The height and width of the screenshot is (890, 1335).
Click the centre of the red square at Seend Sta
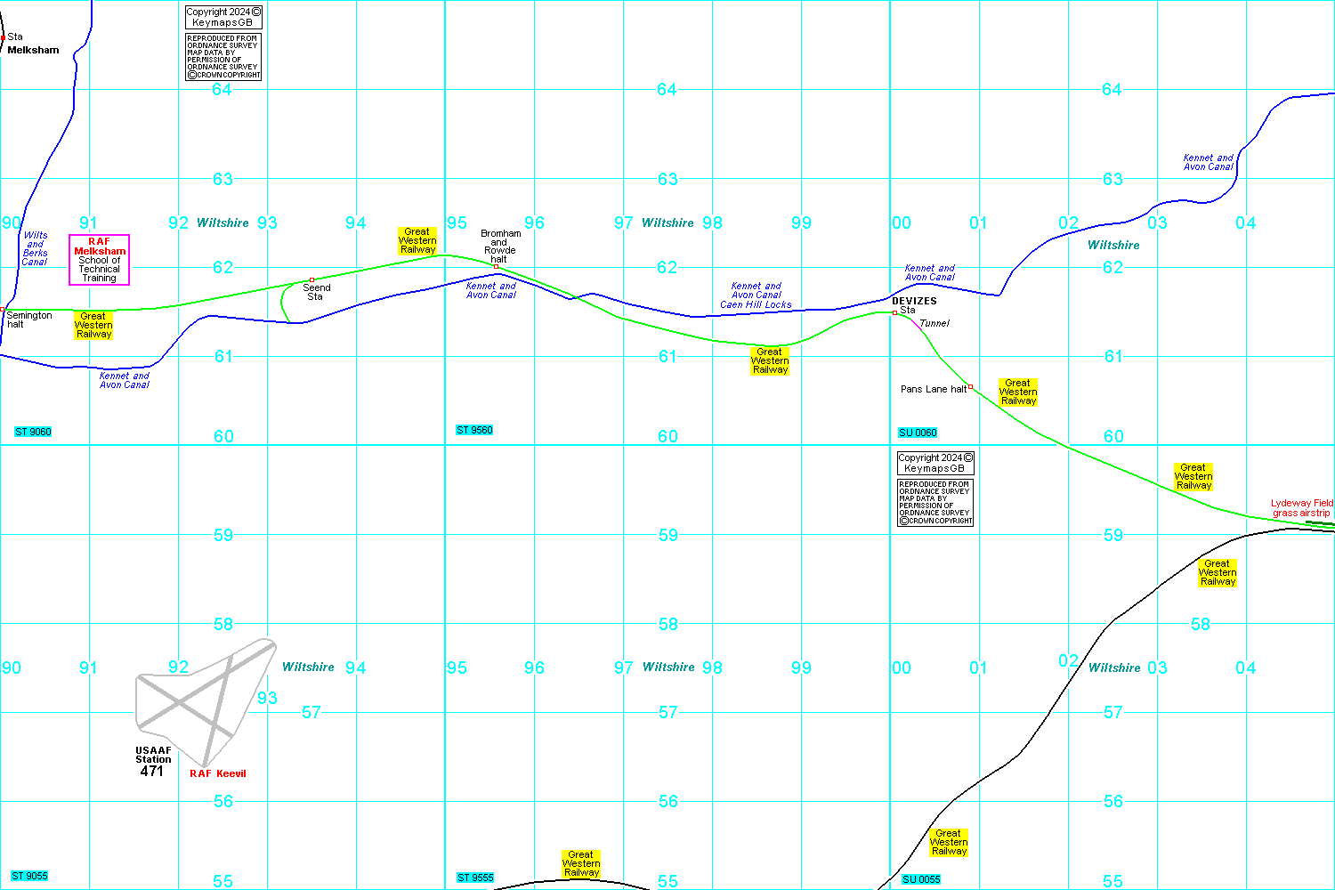311,279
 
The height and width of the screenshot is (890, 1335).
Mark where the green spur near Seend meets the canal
289,322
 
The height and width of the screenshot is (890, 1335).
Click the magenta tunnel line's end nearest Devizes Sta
912,320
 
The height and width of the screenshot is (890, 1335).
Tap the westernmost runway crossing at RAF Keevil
180,704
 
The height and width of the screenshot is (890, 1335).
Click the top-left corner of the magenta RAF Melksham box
69,235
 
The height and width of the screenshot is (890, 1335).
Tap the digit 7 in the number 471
151,771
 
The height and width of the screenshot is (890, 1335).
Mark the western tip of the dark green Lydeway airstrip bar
1306,522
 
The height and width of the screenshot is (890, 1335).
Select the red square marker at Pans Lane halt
970,387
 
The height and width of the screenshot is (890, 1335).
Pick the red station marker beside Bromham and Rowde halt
496,266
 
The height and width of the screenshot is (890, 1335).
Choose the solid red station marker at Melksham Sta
3,37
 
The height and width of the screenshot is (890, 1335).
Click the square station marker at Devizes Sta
894,312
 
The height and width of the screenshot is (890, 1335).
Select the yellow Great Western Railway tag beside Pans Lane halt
1018,392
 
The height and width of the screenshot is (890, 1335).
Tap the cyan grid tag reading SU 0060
918,433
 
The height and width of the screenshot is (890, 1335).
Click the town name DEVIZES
914,301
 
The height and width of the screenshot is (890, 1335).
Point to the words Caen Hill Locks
756,304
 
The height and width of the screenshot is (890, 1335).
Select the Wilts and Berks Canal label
35,248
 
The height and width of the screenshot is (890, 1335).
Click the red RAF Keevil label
217,773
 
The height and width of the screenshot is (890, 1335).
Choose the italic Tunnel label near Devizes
934,323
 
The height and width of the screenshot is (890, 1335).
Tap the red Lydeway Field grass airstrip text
1301,508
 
